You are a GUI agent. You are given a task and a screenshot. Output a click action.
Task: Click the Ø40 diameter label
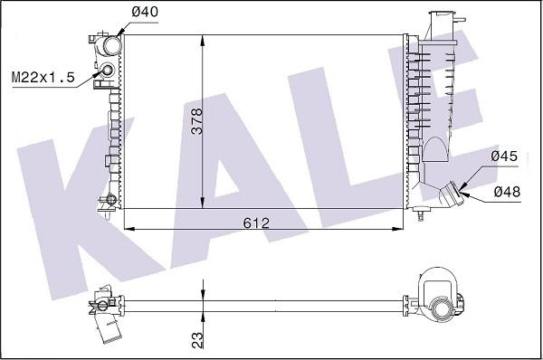[x=145, y=12]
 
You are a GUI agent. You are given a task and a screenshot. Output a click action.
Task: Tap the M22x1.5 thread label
[x=43, y=77]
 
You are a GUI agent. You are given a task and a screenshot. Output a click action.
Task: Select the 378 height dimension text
[x=197, y=121]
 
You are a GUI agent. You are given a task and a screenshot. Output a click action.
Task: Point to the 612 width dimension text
[x=256, y=223]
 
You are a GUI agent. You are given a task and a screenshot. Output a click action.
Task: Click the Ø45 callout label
[x=504, y=156]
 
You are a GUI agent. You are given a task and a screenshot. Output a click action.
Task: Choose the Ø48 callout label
[x=507, y=192]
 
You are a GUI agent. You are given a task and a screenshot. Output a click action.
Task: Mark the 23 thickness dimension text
[x=197, y=340]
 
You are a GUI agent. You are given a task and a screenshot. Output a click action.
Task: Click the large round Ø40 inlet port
[x=111, y=45]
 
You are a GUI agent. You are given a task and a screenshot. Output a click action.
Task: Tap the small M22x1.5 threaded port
[x=108, y=71]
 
